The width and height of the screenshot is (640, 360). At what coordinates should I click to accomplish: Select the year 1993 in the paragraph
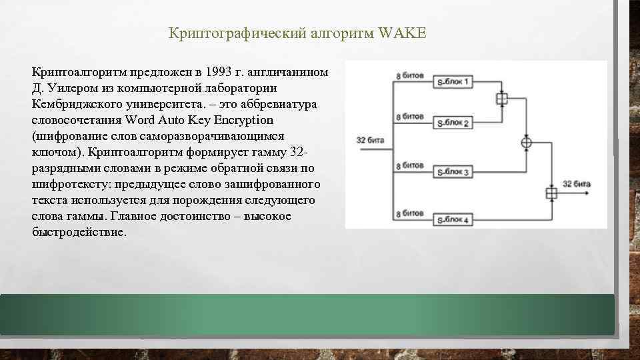tap(220, 71)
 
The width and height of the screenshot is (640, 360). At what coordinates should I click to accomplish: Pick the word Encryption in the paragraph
tap(240, 120)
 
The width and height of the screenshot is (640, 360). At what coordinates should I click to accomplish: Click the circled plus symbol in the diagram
tap(526, 142)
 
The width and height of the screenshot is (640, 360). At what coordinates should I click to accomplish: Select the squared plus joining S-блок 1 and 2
tap(501, 99)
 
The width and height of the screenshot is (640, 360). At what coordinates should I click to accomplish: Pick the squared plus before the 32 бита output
tap(551, 193)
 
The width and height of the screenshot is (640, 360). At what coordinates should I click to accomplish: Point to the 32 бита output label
tap(577, 183)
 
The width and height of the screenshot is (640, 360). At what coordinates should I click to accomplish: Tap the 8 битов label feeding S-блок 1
tap(409, 75)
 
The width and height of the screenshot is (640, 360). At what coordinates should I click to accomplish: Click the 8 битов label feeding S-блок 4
tap(409, 213)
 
